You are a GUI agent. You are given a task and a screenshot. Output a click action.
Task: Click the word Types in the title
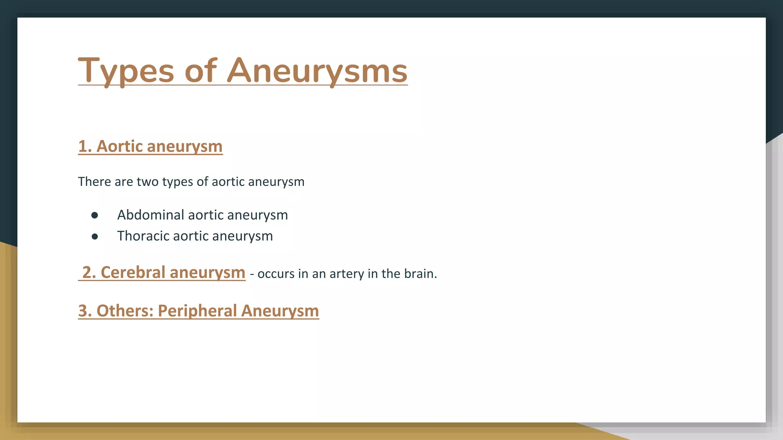[126, 71]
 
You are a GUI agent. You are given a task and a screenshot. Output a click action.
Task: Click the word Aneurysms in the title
[317, 71]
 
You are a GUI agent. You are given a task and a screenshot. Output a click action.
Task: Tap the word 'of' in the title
[201, 71]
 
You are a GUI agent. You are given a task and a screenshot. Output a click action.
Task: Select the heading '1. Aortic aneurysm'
[150, 146]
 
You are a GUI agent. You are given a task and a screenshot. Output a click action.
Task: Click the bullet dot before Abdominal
[95, 215]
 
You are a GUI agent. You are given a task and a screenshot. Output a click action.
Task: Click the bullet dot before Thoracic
[95, 237]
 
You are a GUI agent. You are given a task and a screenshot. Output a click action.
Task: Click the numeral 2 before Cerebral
[87, 273]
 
